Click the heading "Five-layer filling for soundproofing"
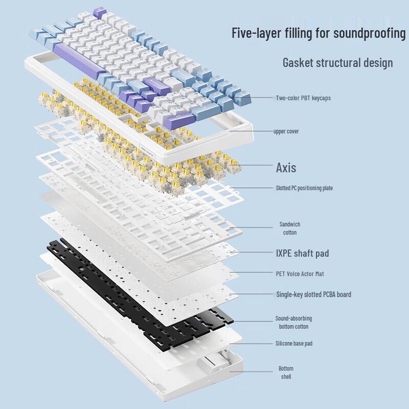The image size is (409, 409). click(319, 33)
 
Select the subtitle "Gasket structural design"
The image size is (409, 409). click(338, 63)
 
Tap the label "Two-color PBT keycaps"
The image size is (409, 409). click(303, 98)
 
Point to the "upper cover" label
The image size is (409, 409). click(286, 131)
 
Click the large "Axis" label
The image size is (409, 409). click(286, 168)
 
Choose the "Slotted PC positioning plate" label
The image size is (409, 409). click(304, 188)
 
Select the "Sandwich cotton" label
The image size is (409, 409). click(290, 228)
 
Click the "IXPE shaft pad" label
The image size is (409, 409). click(302, 253)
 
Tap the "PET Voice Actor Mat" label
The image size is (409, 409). click(300, 274)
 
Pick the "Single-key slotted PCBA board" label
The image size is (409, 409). click(314, 294)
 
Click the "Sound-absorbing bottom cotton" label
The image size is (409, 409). click(293, 323)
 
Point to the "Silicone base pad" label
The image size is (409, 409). click(294, 343)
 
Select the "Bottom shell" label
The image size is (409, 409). click(286, 373)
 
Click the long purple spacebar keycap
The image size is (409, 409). click(79, 59)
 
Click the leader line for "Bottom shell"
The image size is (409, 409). click(251, 372)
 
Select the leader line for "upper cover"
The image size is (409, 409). click(251, 131)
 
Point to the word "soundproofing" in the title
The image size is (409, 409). click(370, 34)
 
